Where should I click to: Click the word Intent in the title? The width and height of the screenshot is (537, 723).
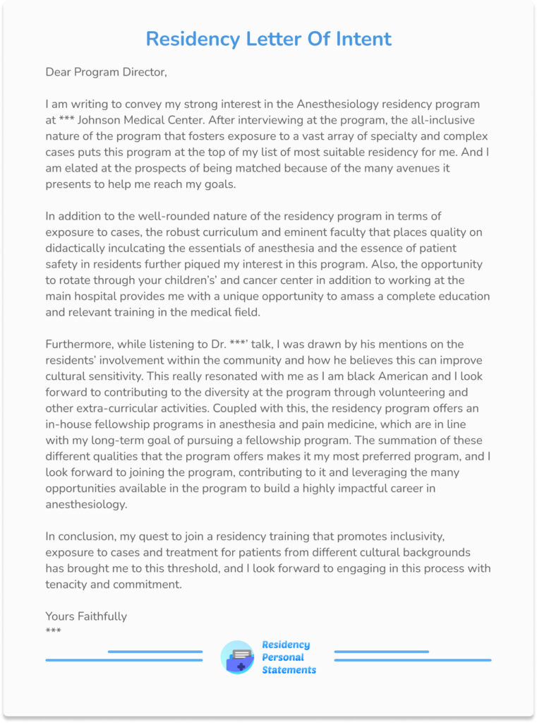point(360,39)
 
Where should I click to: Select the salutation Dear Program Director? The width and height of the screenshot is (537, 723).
point(106,72)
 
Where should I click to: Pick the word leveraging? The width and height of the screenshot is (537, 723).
point(388,472)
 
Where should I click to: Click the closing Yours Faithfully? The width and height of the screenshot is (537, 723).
point(86,616)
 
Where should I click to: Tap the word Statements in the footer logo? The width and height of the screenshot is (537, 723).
point(289,670)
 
